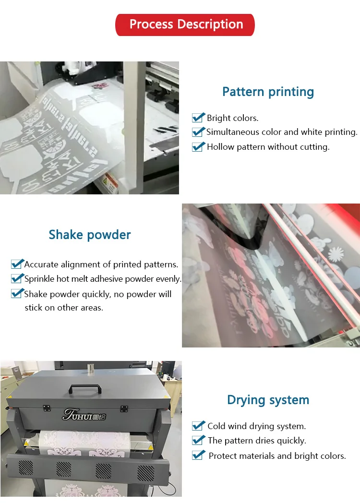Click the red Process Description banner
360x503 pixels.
(185, 24)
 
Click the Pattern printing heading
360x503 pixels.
(268, 92)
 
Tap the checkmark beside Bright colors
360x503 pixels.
(198, 118)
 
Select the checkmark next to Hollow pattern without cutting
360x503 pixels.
(198, 146)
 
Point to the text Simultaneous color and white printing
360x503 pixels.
(282, 132)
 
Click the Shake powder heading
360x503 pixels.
(90, 235)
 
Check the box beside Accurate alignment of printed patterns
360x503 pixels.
(17, 263)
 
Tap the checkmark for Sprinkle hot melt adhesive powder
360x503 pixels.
(17, 278)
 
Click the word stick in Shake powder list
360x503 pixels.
(33, 308)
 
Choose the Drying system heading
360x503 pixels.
(268, 400)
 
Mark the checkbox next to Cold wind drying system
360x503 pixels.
(198, 426)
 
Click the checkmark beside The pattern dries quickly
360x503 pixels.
(198, 440)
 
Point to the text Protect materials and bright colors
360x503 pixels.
(277, 456)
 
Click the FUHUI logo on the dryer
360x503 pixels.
(84, 415)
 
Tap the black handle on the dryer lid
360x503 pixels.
(85, 389)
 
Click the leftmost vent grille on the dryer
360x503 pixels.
(25, 468)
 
